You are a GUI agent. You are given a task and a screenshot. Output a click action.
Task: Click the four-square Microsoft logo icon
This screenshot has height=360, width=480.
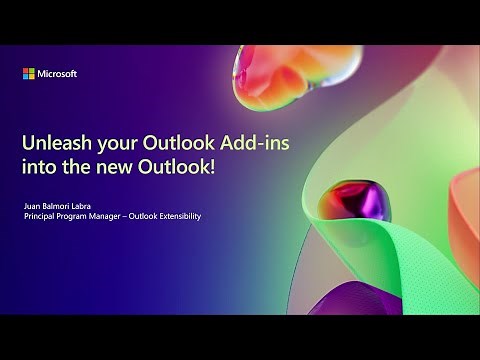pos(29,73)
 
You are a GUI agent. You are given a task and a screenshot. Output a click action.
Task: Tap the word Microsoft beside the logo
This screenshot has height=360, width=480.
pos(57,73)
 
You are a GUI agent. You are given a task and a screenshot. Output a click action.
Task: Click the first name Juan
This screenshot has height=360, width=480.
pos(32,205)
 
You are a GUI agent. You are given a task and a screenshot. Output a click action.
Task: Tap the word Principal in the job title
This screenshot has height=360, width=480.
pos(41,216)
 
